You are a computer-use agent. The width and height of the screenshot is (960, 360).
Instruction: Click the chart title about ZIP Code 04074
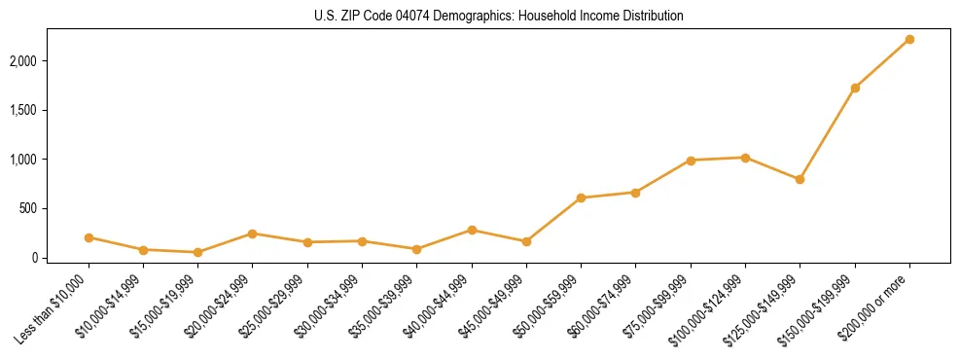click(x=498, y=17)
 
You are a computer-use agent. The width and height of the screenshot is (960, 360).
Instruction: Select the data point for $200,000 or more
click(x=909, y=39)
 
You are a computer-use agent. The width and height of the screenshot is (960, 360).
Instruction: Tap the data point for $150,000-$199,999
click(x=855, y=88)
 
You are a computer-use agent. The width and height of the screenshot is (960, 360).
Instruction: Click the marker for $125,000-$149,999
click(x=800, y=179)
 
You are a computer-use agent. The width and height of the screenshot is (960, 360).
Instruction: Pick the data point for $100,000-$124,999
click(x=745, y=158)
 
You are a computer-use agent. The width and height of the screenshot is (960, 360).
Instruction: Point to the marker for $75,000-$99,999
click(x=691, y=161)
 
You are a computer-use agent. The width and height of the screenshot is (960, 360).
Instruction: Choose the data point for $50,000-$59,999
click(x=581, y=198)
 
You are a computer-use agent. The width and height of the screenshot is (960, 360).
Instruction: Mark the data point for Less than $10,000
click(x=89, y=237)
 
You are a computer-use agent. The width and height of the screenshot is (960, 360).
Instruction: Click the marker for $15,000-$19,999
click(x=197, y=252)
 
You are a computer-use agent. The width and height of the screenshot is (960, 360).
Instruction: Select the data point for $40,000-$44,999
click(x=472, y=230)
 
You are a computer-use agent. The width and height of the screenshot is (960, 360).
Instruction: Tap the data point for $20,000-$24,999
click(x=252, y=234)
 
